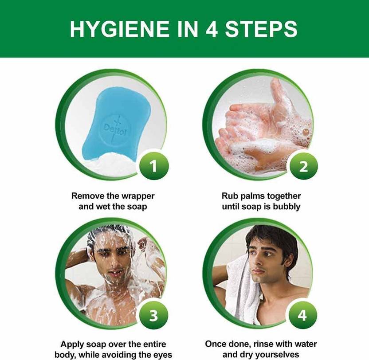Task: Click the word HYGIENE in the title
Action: coord(120,29)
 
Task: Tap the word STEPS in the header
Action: coord(261,29)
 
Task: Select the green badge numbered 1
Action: coord(154,166)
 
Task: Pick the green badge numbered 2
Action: coord(303,166)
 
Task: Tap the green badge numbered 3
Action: coord(153,315)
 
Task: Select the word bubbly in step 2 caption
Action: coord(287,207)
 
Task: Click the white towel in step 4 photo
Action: coord(240,290)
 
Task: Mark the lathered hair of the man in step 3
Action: coord(110,235)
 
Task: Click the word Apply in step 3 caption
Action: coord(72,344)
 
